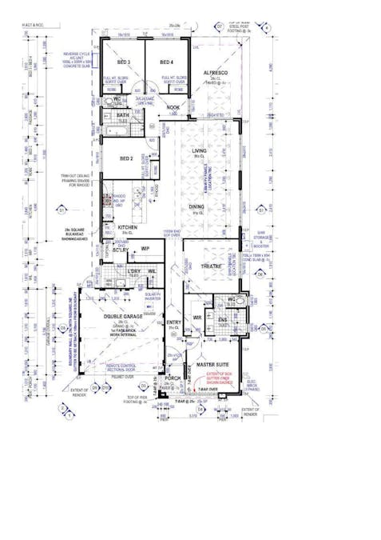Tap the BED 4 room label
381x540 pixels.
[165, 62]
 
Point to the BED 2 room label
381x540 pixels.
[125, 158]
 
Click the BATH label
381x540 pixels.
[122, 115]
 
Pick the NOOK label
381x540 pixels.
[173, 107]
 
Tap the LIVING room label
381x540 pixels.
[200, 150]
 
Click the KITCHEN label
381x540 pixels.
[129, 228]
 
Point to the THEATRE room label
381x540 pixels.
[211, 265]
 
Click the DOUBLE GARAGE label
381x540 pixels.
[123, 317]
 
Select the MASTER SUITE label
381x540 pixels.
[213, 364]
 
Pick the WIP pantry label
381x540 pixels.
[145, 249]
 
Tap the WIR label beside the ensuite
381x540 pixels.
[197, 318]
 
